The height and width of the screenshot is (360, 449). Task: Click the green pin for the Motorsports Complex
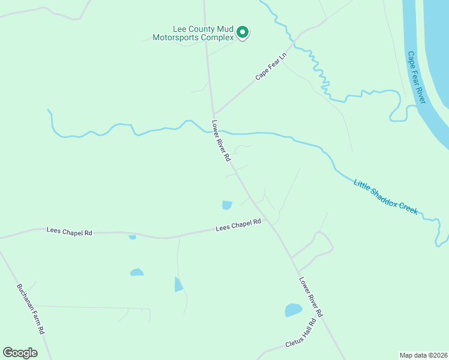point(243,32)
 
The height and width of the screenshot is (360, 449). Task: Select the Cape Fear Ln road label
point(271,67)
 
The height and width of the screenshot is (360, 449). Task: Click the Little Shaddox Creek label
point(385,197)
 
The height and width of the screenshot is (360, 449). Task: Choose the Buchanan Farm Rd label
point(31,308)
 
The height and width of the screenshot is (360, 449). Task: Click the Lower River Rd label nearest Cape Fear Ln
point(221,140)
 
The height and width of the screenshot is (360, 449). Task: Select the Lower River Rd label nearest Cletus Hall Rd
point(311,296)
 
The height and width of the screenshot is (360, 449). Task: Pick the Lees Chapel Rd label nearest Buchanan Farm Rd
point(70,232)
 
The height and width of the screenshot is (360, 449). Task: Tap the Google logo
point(20,353)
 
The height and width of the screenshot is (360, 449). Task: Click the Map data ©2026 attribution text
point(423,355)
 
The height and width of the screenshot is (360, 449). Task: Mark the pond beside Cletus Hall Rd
point(293,310)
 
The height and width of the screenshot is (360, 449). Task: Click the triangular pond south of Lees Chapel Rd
point(178,284)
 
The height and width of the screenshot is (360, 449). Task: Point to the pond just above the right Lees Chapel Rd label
point(227,205)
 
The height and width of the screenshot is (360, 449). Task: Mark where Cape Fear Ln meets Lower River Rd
point(214,113)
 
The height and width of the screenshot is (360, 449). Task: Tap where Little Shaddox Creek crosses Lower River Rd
point(217,130)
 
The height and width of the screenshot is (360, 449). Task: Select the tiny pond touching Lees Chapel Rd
point(132,237)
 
